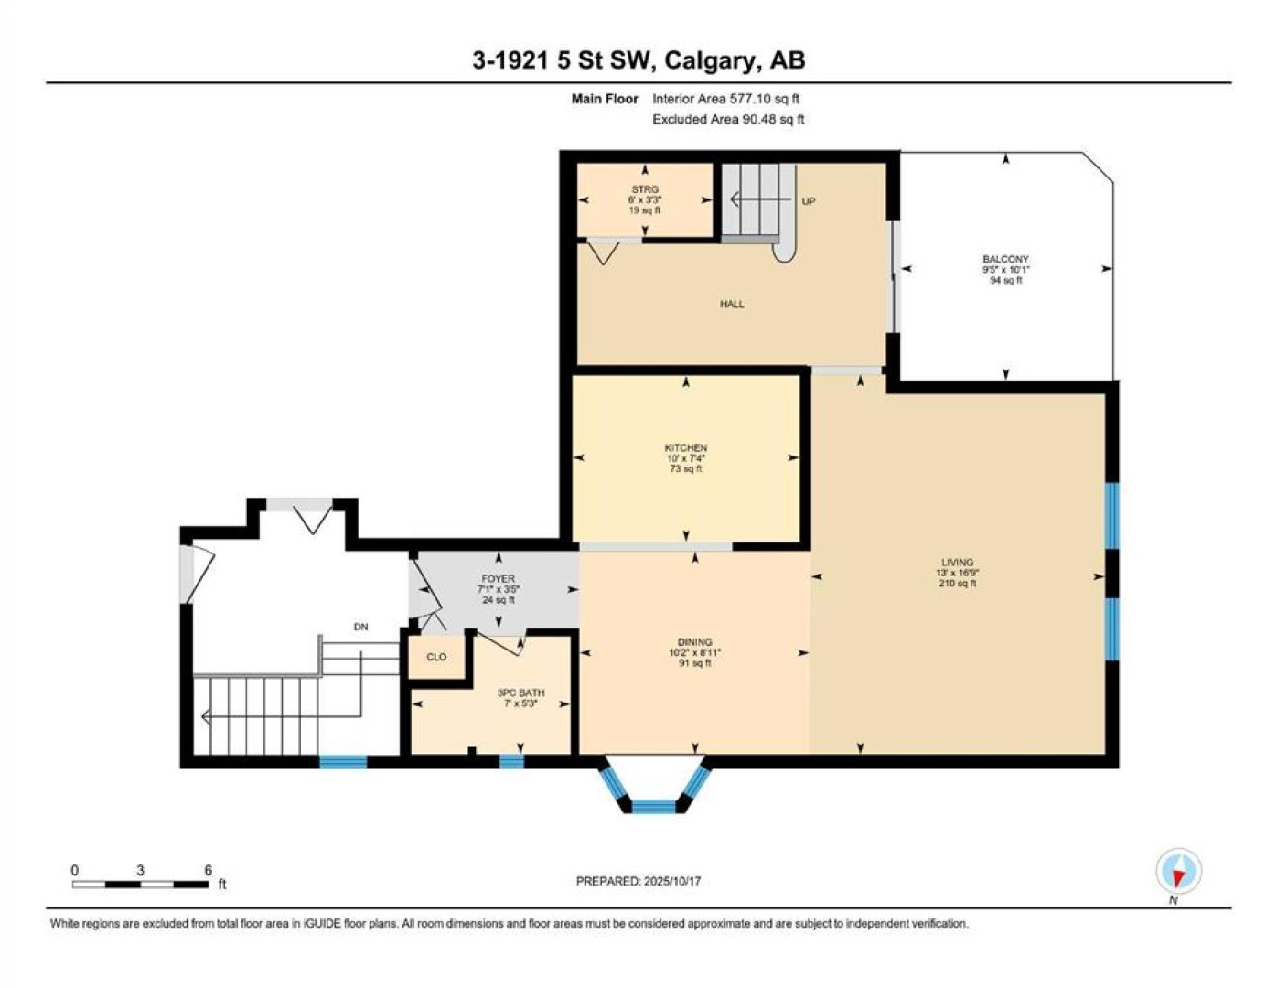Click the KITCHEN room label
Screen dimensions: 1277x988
pos(686,447)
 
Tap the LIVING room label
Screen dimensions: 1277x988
pos(958,562)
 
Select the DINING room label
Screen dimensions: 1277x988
pos(694,642)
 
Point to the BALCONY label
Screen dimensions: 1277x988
pos(1005,259)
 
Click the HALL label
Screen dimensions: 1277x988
pos(732,304)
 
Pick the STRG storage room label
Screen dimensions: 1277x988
pos(645,189)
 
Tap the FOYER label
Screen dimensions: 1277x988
pos(498,579)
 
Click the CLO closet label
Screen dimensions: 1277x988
pos(436,657)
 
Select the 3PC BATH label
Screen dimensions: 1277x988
pos(520,693)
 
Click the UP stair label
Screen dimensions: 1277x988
pos(809,201)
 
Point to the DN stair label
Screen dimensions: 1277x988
pos(360,627)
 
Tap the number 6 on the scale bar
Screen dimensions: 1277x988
pos(208,870)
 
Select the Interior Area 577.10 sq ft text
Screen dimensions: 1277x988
pos(725,99)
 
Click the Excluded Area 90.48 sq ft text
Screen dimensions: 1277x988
pos(728,119)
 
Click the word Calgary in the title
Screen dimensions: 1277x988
pos(709,61)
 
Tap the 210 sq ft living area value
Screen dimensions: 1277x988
pos(958,583)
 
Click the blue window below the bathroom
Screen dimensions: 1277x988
pos(511,762)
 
